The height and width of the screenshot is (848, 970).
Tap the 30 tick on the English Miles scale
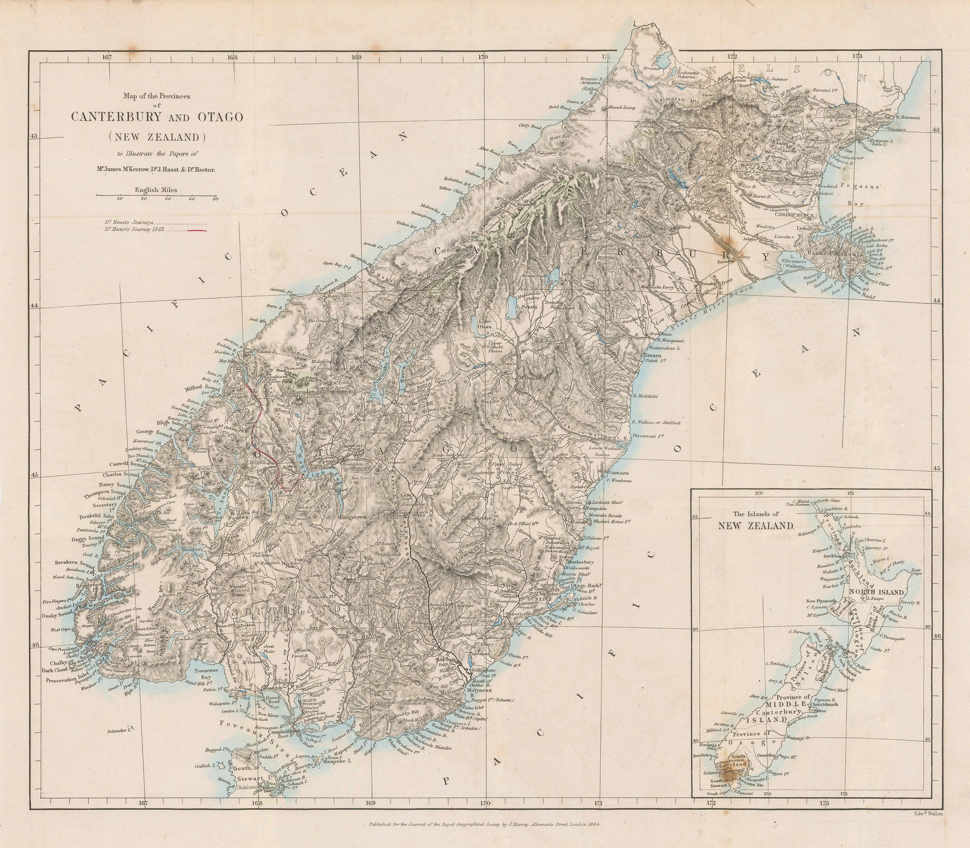click(x=167, y=198)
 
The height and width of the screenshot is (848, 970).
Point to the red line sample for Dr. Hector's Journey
click(x=198, y=231)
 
